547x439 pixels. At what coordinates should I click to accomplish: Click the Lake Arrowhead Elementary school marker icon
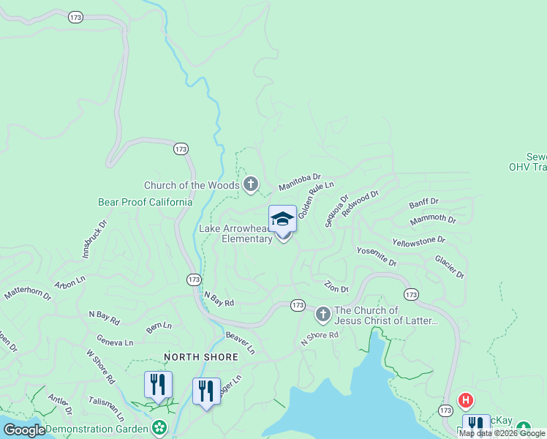[282, 219]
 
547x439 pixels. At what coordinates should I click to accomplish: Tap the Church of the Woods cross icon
[251, 184]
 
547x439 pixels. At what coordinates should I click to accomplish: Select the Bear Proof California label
[146, 202]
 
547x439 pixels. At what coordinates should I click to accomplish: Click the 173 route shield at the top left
[76, 17]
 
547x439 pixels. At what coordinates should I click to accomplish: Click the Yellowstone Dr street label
[419, 241]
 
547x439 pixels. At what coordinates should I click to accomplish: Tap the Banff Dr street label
[423, 201]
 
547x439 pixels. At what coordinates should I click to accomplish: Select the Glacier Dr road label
[449, 266]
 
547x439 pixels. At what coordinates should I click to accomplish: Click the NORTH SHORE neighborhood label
[201, 357]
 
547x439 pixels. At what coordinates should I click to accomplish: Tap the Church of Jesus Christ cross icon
[322, 315]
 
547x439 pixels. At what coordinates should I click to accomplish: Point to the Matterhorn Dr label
[28, 293]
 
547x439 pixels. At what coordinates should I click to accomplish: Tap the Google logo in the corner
[24, 430]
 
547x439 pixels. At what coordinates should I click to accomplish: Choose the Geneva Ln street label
[116, 341]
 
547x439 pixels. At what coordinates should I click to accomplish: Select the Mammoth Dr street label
[433, 219]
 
